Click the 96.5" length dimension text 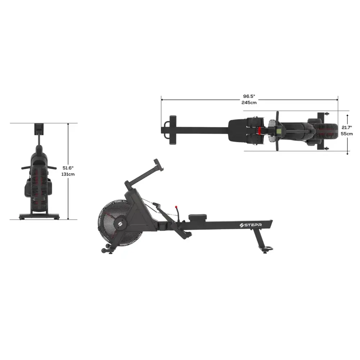coord(249,96)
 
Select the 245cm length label coord(249,103)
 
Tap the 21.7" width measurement coord(347,127)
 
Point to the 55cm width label coord(347,134)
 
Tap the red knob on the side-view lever coord(177,208)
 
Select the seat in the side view coord(195,217)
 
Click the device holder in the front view coord(39,129)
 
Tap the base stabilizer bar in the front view coord(39,217)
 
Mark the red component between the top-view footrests coord(260,131)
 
